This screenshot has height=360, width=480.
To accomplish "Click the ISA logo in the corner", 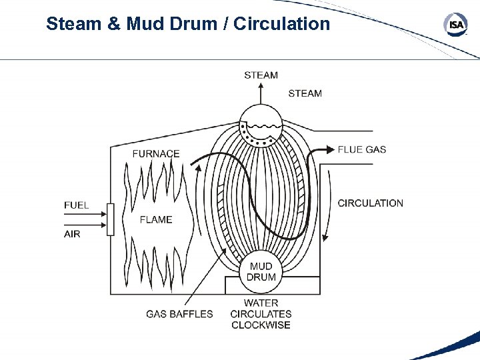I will click(455, 25).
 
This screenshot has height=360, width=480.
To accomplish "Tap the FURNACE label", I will click(156, 153).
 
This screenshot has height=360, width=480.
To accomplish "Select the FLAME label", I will click(156, 219).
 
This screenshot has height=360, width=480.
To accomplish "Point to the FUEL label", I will click(77, 205).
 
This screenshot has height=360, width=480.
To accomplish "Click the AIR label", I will click(72, 233).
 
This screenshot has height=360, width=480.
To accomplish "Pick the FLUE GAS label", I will click(362, 149).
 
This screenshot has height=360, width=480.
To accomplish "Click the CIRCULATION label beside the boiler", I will click(371, 203).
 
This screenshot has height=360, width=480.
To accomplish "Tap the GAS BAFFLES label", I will click(180, 313).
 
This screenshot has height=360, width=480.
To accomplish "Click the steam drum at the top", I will click(261, 124).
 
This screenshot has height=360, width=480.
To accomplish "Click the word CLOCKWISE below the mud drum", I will click(261, 325).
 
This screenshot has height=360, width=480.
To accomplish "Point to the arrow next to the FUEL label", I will click(96, 214).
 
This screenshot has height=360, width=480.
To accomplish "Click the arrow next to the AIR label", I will click(96, 226).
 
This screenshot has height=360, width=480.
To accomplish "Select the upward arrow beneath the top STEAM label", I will click(261, 93).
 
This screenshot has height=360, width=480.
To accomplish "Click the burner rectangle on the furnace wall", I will click(111, 220).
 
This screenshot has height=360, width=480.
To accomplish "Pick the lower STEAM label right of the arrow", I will click(305, 93).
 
